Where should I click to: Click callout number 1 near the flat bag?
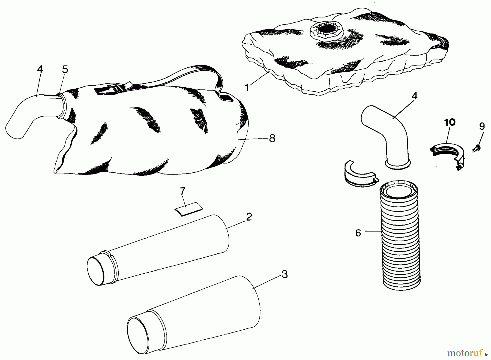point(247,88)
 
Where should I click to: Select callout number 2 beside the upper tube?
point(249,217)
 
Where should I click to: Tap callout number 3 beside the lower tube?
point(285,274)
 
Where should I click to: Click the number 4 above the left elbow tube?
point(40,69)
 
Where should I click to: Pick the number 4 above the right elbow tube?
point(414,96)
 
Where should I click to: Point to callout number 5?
point(65,69)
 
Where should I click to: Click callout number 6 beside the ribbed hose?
point(358,233)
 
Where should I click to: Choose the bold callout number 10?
point(450,122)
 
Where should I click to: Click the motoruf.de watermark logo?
point(467,354)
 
